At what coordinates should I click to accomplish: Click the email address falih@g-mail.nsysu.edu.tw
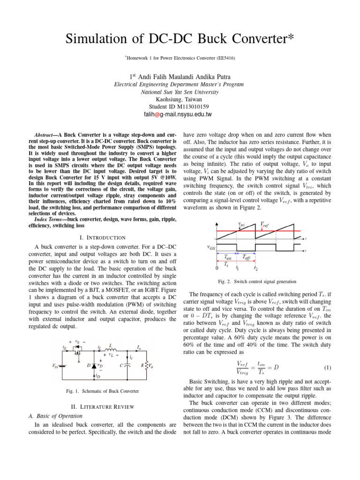(x=180, y=114)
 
